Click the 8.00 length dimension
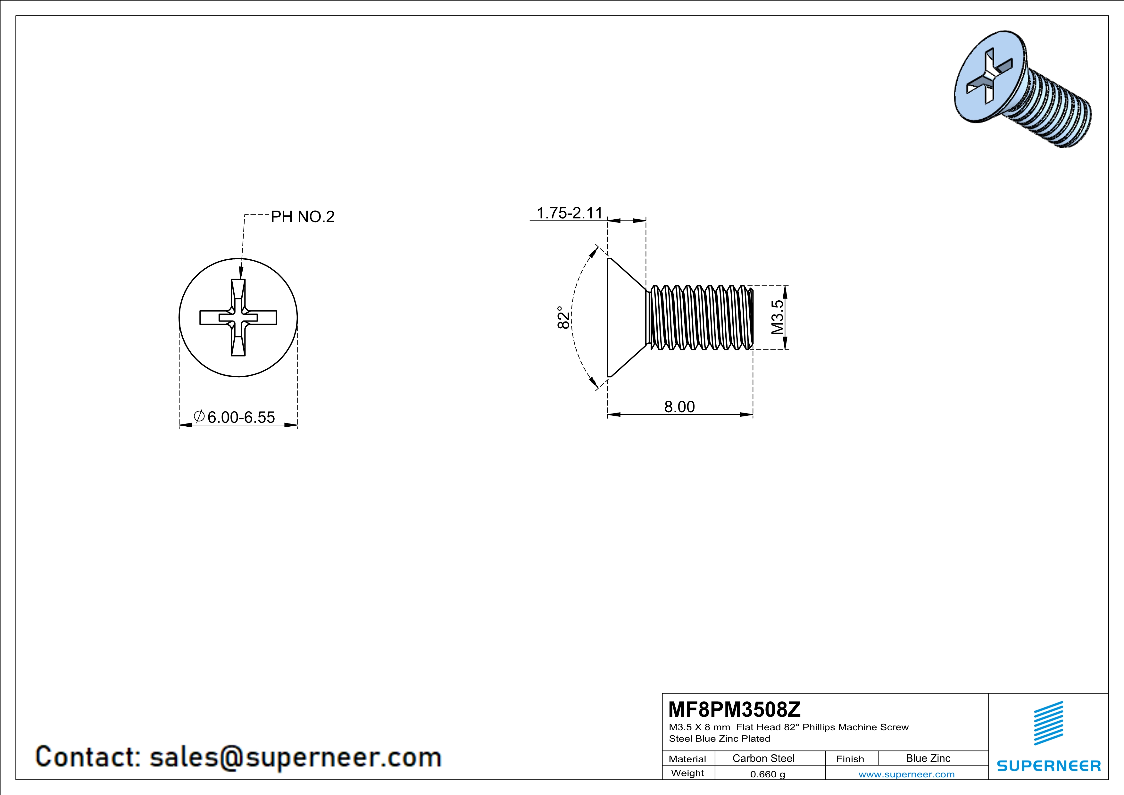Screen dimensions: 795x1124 pos(679,407)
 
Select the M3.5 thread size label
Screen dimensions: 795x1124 pos(778,317)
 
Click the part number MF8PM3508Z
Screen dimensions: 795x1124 pos(734,709)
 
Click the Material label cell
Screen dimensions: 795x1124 pos(687,759)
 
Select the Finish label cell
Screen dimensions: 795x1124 pos(850,759)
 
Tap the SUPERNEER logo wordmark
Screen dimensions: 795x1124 pos(1049,766)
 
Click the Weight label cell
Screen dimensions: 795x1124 pos(687,773)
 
